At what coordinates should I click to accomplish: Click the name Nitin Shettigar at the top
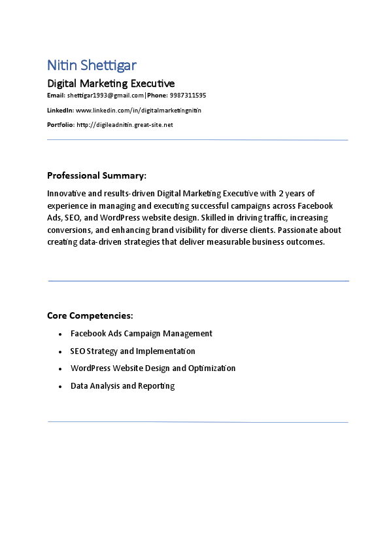[x=92, y=65]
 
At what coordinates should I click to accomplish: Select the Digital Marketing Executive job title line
[x=110, y=83]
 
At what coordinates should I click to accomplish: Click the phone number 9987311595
[x=188, y=96]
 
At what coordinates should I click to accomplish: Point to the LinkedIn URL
[x=139, y=110]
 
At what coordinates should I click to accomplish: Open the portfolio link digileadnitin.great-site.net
[x=124, y=124]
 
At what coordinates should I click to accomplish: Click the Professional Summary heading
[x=97, y=175]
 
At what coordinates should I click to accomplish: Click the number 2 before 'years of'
[x=281, y=193]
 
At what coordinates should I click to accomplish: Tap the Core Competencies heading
[x=90, y=315]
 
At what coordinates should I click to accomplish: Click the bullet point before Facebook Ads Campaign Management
[x=60, y=334]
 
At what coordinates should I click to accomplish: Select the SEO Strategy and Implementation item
[x=133, y=351]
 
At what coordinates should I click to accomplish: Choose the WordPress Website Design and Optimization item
[x=153, y=368]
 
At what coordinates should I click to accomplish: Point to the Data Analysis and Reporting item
[x=122, y=385]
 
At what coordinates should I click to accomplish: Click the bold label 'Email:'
[x=56, y=96]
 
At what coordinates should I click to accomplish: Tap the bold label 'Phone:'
[x=157, y=96]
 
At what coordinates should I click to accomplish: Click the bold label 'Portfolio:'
[x=61, y=124]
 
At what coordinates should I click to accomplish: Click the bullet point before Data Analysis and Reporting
[x=60, y=386]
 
